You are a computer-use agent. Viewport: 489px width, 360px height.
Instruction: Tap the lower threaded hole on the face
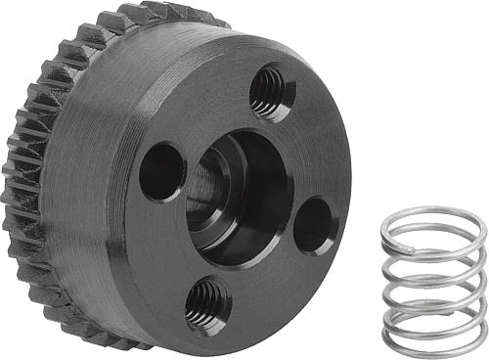[206, 303]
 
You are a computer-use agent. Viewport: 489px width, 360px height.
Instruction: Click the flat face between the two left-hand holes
[166, 245]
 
